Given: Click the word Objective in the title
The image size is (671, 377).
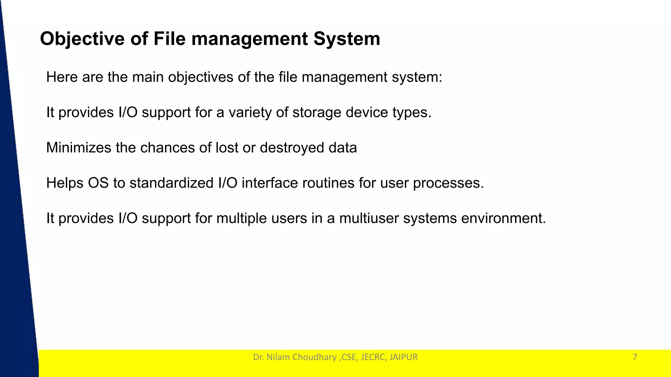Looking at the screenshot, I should pyautogui.click(x=82, y=39).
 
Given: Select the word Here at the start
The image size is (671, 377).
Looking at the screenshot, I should pyautogui.click(x=62, y=77).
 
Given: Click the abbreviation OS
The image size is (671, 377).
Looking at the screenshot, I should pyautogui.click(x=98, y=183).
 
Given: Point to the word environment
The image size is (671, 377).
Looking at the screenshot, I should pyautogui.click(x=503, y=218).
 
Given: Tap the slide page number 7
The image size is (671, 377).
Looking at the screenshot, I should pyautogui.click(x=635, y=357).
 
